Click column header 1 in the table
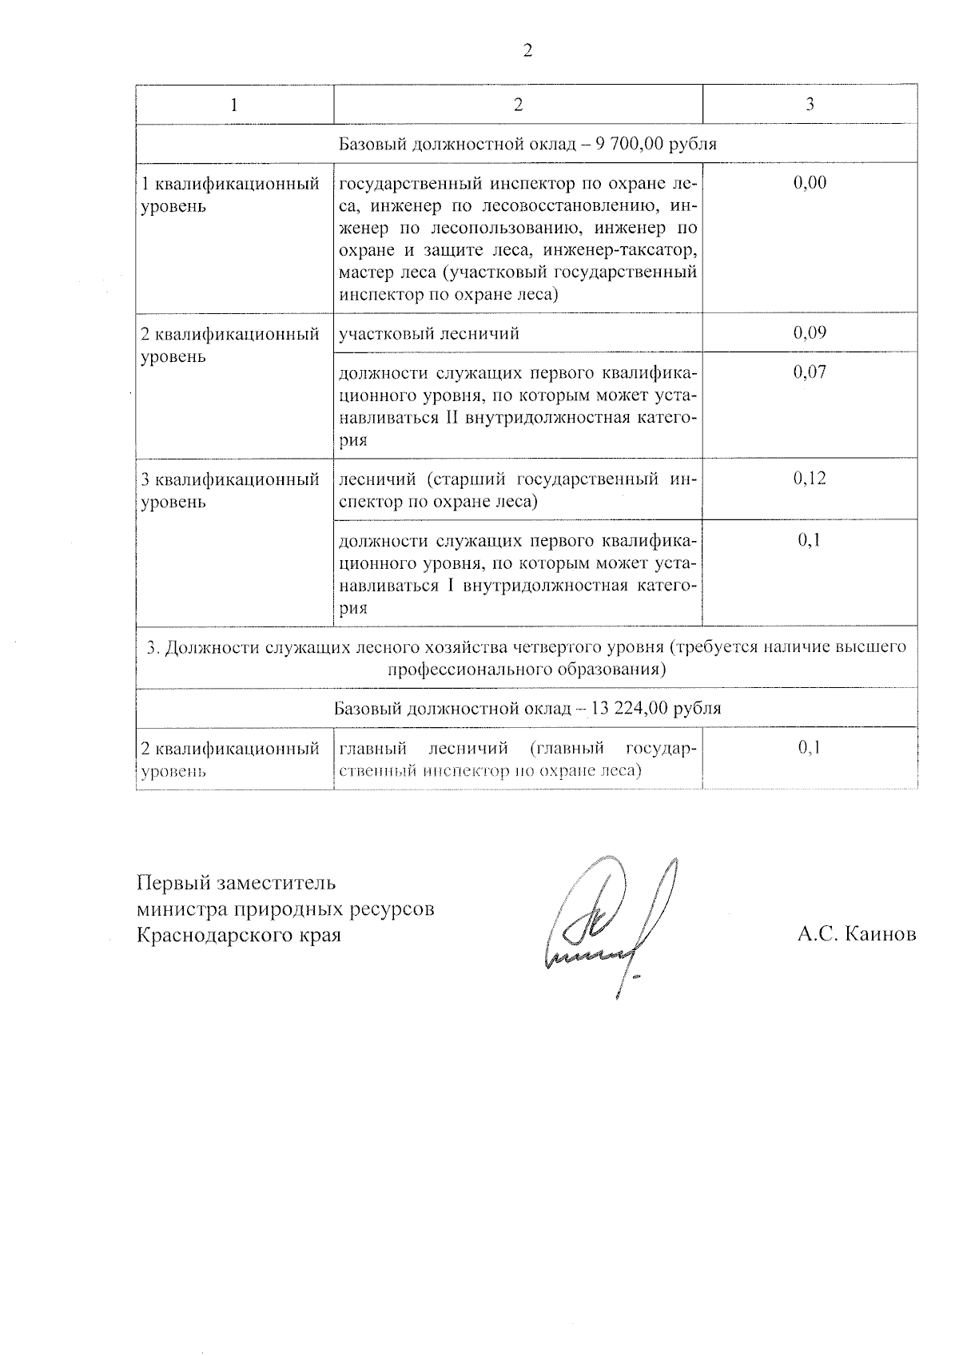[233, 105]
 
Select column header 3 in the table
[810, 105]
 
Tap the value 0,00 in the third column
[810, 183]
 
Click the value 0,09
[810, 333]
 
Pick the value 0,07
[810, 372]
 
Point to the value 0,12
[810, 479]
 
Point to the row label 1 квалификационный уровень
[229, 195]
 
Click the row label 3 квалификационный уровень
[229, 491]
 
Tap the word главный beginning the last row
[373, 749]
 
